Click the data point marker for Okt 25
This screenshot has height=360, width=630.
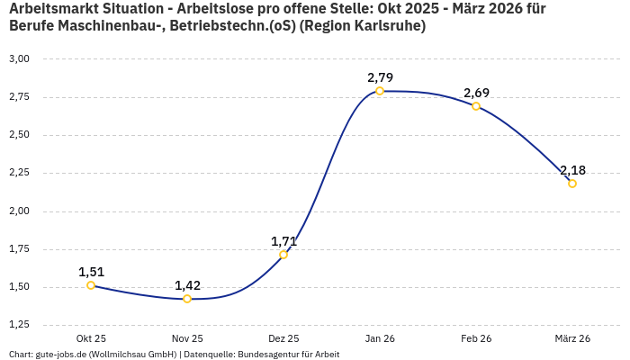pos(91,285)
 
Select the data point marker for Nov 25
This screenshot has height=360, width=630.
pos(187,299)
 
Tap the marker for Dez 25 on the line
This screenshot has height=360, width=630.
pos(283,255)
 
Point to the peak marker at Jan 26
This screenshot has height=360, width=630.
pos(380,91)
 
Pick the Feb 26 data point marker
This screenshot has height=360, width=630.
pos(476,106)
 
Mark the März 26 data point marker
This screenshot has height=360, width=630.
pos(572,184)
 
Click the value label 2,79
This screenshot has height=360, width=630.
pos(380,77)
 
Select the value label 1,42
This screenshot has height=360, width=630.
pos(187,285)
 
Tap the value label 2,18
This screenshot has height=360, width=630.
pos(572,170)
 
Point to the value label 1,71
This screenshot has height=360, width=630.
pos(283,241)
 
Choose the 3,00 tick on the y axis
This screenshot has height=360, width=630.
pos(19,58)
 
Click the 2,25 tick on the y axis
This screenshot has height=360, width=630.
pos(19,173)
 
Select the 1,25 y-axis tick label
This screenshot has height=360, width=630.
pos(19,325)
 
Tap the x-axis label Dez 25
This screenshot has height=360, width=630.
pos(283,338)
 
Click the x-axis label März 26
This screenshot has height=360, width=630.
pos(572,338)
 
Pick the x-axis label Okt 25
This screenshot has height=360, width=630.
pos(91,338)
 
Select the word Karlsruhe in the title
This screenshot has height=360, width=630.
pos(390,26)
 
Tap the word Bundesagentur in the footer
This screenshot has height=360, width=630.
pos(264,355)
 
